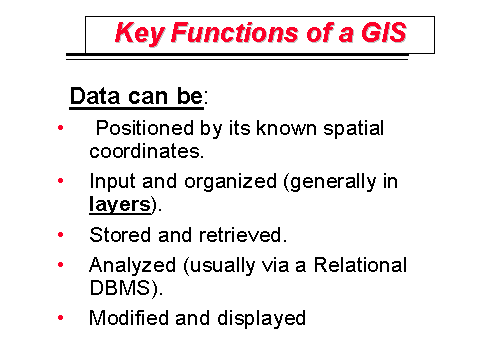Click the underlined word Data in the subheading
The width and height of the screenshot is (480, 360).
pyautogui.click(x=91, y=97)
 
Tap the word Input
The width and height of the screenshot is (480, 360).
pyautogui.click(x=109, y=182)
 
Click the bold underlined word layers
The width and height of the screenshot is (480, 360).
pyautogui.click(x=118, y=205)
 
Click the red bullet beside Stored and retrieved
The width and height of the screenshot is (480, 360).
pyautogui.click(x=61, y=236)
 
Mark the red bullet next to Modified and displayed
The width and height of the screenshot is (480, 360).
pyautogui.click(x=61, y=319)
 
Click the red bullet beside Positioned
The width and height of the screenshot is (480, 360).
pyautogui.click(x=61, y=129)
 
